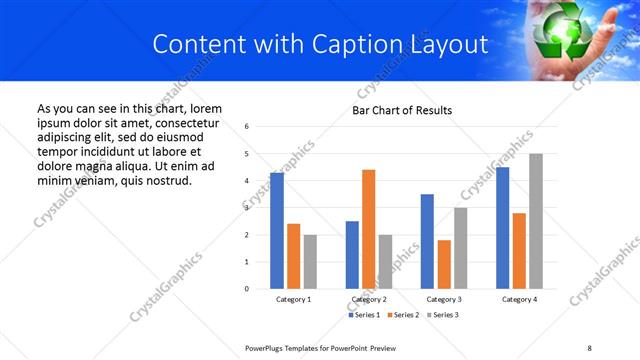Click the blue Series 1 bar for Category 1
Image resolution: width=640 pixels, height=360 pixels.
click(x=277, y=231)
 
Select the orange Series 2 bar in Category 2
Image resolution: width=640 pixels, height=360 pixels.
click(x=368, y=229)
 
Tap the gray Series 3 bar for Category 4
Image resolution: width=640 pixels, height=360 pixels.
click(x=536, y=221)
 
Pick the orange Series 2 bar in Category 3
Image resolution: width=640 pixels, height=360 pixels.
click(x=444, y=264)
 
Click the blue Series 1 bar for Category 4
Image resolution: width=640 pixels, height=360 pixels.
click(x=502, y=228)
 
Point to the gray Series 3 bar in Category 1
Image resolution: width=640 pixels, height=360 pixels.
click(x=310, y=262)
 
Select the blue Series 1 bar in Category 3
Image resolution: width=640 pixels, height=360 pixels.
click(x=427, y=241)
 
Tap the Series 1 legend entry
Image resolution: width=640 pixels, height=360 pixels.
click(x=363, y=315)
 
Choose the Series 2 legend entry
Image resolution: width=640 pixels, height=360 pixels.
click(x=402, y=315)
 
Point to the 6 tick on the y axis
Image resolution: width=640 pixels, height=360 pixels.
click(x=247, y=127)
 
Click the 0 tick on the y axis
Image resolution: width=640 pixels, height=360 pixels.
click(x=247, y=289)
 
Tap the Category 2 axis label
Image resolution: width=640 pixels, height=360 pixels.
click(x=369, y=299)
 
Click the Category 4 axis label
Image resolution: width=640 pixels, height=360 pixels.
click(x=519, y=299)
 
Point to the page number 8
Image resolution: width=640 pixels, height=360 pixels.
click(x=589, y=347)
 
